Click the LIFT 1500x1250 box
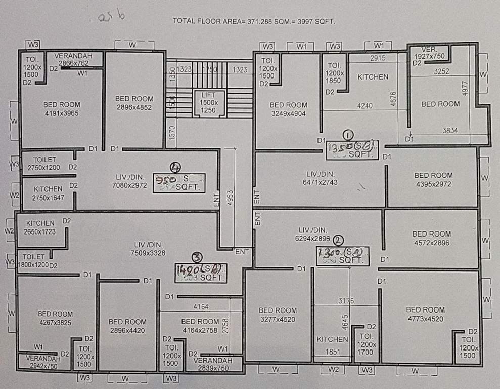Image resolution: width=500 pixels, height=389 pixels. pos(208,103)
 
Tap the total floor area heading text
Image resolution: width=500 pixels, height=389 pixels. pos(254,21)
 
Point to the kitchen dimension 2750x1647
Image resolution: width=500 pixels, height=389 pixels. pos(49,198)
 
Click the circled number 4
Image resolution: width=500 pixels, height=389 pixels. pos(175,168)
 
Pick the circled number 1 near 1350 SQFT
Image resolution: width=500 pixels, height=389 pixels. pos(348,135)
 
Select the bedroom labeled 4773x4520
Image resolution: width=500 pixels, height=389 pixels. pos(425,314)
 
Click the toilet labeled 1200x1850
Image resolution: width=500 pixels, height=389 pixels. pos(335,73)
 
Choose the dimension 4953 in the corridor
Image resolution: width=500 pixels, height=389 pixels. pos(231,194)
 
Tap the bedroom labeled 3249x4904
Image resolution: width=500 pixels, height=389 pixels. pos(288,109)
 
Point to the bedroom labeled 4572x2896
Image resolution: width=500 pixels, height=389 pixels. pos(431,238)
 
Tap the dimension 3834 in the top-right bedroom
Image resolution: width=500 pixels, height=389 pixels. pos(449,130)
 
